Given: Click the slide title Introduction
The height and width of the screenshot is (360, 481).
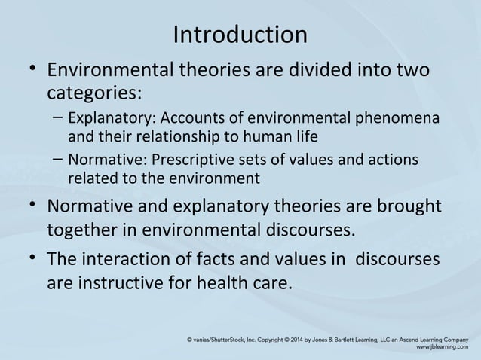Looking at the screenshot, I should tap(240, 35).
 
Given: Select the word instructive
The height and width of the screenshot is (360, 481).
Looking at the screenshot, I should tap(124, 284).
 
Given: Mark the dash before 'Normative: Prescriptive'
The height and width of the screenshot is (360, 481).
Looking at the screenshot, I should tap(58, 161).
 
